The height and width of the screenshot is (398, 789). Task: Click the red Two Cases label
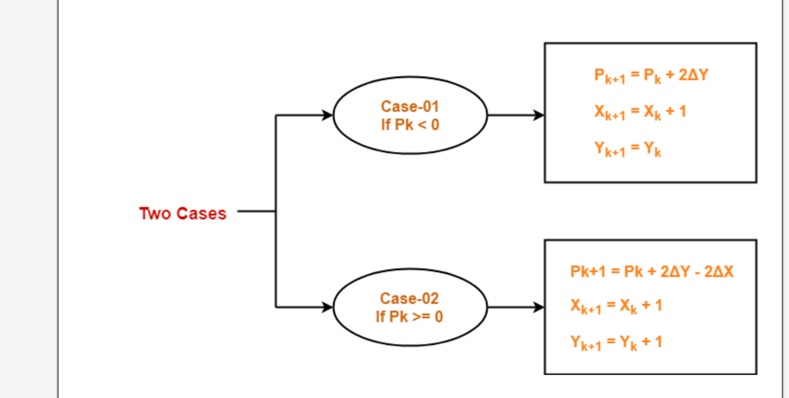click(183, 214)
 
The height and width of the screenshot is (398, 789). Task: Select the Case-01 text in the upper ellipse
click(410, 107)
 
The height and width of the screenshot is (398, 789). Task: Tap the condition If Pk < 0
click(410, 125)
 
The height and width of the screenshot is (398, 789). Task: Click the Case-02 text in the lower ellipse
click(409, 299)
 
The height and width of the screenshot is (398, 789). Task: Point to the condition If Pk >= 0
click(409, 317)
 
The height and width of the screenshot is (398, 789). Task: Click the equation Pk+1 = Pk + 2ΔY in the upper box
click(651, 75)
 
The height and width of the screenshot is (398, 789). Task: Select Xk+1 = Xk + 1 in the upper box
click(640, 112)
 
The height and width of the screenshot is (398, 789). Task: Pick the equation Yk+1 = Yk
click(628, 149)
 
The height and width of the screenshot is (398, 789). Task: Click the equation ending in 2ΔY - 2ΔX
click(652, 272)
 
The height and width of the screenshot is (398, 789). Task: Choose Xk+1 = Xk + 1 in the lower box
click(616, 306)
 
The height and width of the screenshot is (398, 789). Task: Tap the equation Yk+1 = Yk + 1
click(616, 343)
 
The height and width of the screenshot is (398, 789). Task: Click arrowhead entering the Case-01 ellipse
click(328, 115)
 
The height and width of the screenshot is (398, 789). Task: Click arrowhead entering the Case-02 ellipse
click(328, 307)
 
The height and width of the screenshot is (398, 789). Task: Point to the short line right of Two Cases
click(256, 211)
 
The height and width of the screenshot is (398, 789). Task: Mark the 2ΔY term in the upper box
click(693, 75)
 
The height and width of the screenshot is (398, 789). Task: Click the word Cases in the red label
click(201, 214)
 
